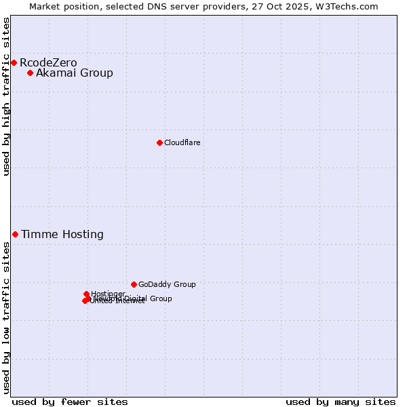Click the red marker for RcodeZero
[x=14, y=63]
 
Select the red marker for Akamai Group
[x=30, y=73]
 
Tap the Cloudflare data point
[x=159, y=142]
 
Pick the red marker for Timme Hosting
[x=15, y=235]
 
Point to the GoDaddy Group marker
[x=134, y=285]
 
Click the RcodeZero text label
[x=48, y=63]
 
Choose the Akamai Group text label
[x=75, y=73]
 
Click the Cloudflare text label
[x=182, y=143]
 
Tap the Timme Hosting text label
[x=62, y=235]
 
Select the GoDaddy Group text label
[x=167, y=285]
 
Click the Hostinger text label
[x=108, y=294]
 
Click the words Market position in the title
[x=62, y=6]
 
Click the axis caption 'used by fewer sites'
[x=70, y=402]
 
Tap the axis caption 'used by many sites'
[x=341, y=402]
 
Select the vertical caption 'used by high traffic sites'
[x=6, y=96]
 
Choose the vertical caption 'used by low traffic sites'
[x=6, y=317]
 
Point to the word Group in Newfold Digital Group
[x=161, y=298]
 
